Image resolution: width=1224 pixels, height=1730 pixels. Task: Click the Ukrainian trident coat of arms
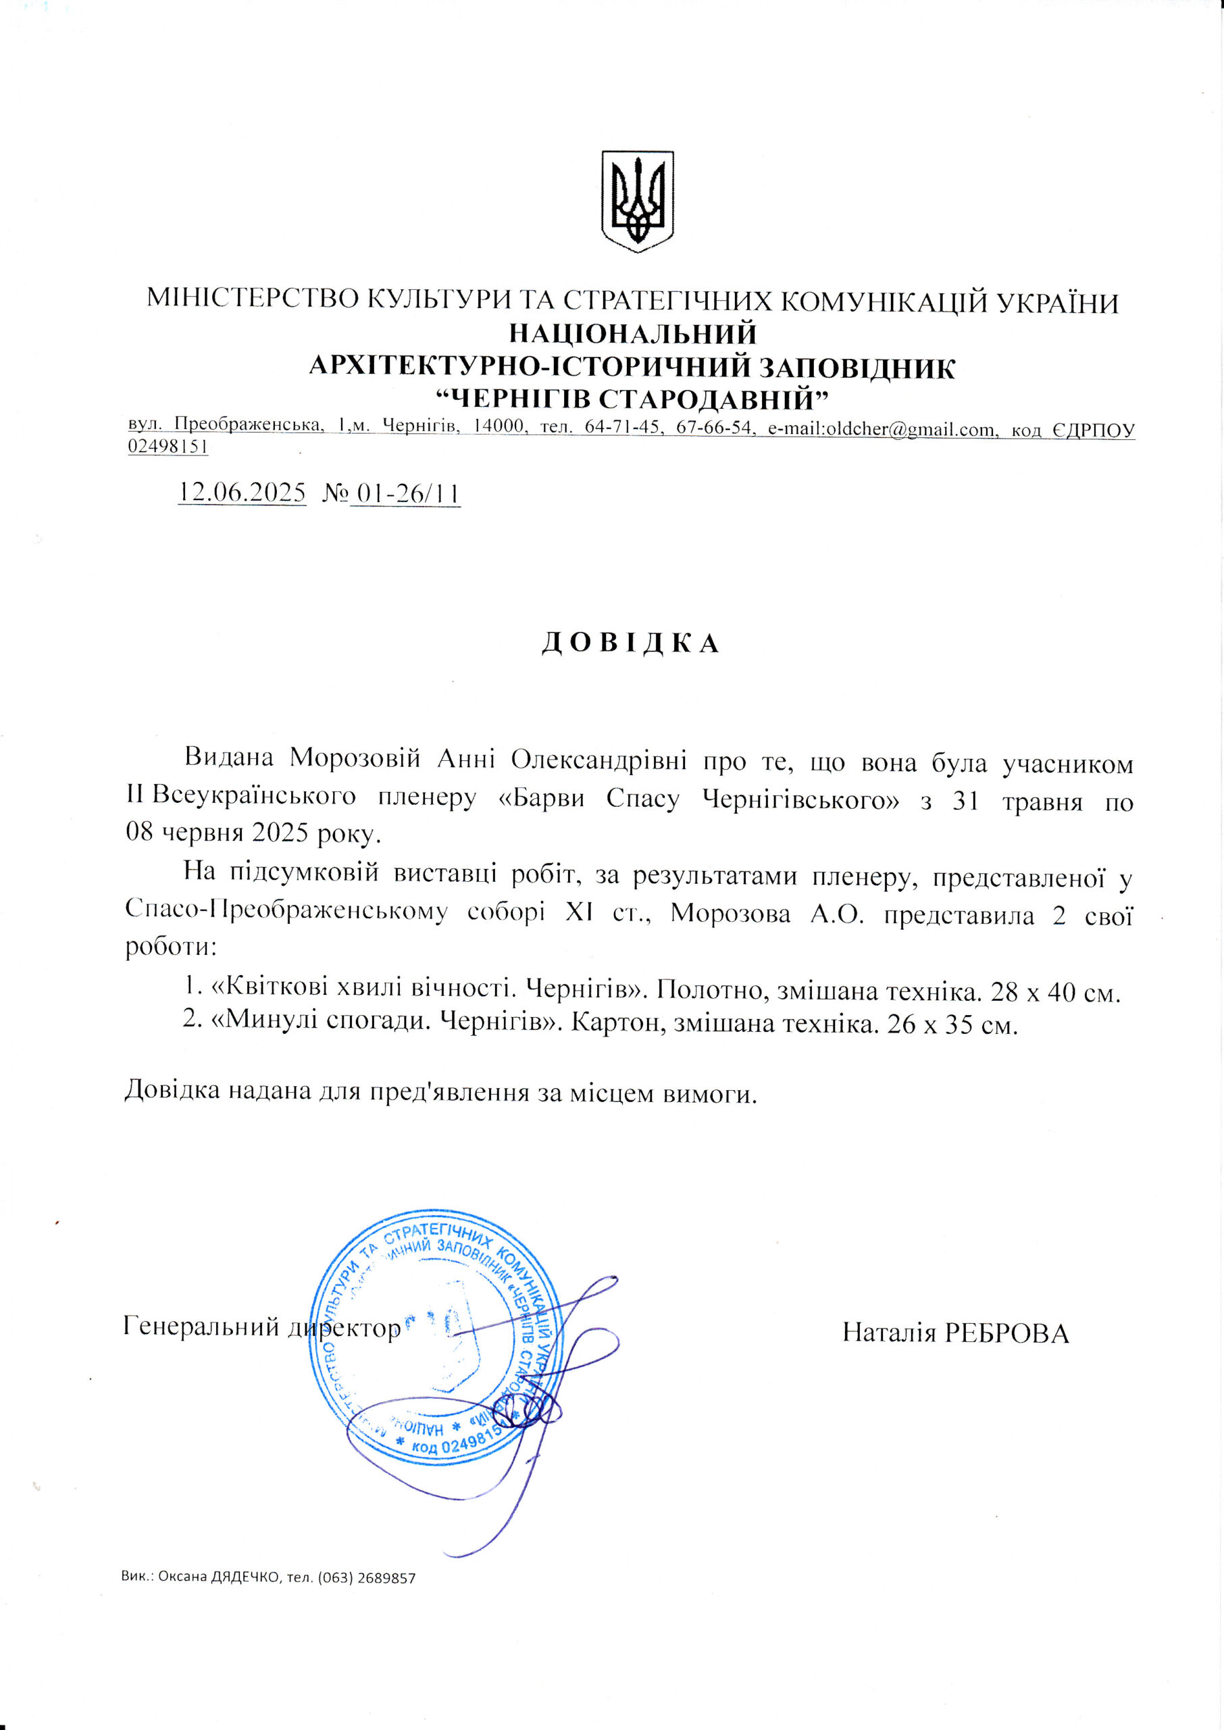(637, 201)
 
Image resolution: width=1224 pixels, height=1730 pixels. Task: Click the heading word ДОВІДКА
(631, 643)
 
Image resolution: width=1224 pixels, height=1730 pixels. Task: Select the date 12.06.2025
(242, 493)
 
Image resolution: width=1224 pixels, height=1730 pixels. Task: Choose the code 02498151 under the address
(168, 446)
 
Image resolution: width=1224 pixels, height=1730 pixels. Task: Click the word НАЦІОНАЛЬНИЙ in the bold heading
(633, 333)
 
